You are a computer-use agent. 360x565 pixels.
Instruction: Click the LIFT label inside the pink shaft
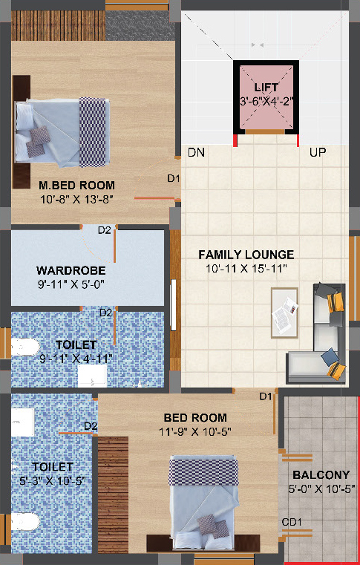[266, 87]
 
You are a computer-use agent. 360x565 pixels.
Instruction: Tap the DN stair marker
[197, 152]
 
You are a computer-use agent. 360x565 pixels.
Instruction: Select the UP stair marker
[318, 152]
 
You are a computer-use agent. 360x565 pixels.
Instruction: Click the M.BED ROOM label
[76, 185]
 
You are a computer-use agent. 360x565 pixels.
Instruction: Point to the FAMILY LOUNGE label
[246, 255]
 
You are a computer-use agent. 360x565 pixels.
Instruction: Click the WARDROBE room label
[71, 270]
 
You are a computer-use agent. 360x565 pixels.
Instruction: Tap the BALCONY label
[321, 475]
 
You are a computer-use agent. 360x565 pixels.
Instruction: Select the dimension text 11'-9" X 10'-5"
[195, 431]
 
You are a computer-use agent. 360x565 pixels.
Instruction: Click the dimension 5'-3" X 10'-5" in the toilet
[53, 480]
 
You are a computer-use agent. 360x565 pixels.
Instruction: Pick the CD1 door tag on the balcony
[292, 522]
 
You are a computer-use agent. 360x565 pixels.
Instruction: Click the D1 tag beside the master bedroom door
[174, 178]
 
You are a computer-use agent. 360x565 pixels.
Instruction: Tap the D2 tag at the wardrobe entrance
[105, 230]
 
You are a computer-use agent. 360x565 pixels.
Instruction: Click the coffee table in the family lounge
[285, 313]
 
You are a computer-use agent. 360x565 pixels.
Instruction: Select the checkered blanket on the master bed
[93, 132]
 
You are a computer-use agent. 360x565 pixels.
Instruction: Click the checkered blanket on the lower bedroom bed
[203, 471]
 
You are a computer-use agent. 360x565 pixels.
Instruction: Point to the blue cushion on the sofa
[330, 356]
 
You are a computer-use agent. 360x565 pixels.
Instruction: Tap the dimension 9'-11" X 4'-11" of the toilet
[76, 359]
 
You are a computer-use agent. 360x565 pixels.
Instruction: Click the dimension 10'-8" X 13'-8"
[76, 199]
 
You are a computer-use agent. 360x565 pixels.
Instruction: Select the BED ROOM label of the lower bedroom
[195, 417]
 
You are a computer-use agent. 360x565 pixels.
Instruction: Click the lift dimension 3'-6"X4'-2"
[266, 101]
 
